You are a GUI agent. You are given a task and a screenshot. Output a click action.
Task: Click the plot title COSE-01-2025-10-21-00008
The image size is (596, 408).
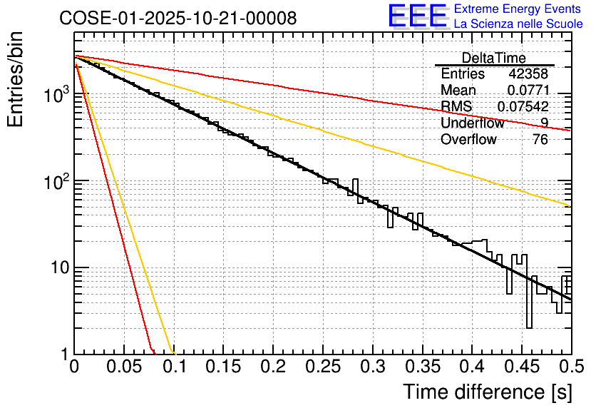tap(178, 19)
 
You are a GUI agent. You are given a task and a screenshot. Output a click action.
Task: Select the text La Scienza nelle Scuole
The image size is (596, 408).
tap(518, 24)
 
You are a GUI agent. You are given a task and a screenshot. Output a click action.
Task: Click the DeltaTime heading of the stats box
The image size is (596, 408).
tap(493, 58)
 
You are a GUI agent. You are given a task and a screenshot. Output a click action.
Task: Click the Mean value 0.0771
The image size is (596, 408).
tap(528, 91)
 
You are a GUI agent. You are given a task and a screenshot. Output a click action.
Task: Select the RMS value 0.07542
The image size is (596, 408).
tap(523, 107)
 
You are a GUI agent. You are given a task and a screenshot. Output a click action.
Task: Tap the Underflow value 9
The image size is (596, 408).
tap(544, 123)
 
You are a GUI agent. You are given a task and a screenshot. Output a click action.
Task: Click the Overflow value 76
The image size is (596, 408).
tap(540, 140)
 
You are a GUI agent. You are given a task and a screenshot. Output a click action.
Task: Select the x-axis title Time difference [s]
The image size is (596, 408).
tap(487, 392)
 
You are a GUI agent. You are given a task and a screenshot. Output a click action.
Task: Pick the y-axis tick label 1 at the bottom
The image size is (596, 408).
tap(65, 355)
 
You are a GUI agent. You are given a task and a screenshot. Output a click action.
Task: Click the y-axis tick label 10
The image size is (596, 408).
tap(58, 268)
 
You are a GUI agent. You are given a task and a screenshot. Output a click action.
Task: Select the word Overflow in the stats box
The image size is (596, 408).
tap(468, 140)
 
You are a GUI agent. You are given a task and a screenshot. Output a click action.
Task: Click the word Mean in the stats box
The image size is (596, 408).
tap(458, 91)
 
